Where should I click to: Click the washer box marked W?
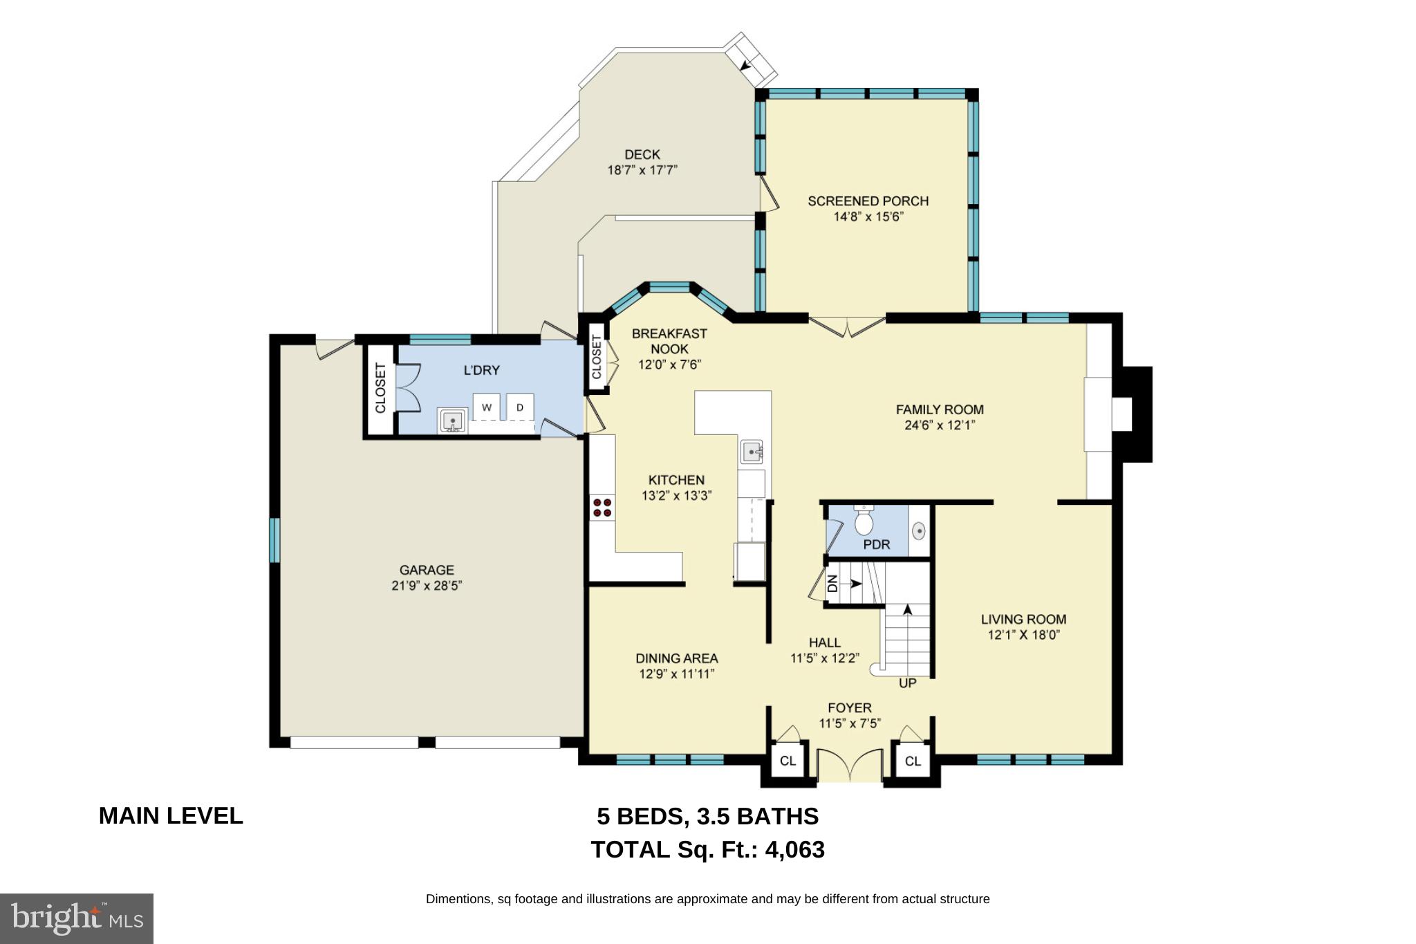[486, 407]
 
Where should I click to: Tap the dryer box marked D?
[521, 407]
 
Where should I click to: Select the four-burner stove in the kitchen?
[602, 508]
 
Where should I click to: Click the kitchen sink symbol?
[752, 452]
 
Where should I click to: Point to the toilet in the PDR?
[864, 522]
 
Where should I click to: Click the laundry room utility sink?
[453, 420]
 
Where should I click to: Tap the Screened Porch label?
[868, 201]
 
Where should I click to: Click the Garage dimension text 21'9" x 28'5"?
[427, 586]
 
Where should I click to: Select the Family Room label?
[940, 409]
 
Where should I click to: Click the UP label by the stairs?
[907, 683]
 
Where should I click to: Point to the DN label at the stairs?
[832, 584]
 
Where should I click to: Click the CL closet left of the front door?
[788, 761]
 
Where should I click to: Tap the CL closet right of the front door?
[913, 761]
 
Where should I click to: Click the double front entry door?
[850, 766]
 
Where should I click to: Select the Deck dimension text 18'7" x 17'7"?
[642, 170]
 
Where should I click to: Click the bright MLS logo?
[77, 918]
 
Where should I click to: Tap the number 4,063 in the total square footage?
[794, 849]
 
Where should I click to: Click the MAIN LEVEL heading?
[171, 816]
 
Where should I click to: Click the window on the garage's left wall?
[274, 539]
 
